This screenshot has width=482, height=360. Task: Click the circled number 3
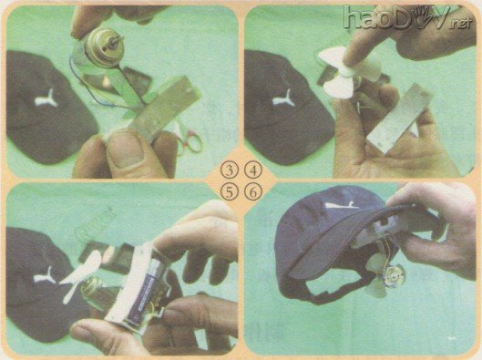click(x=230, y=170)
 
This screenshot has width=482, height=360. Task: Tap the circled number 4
click(x=253, y=170)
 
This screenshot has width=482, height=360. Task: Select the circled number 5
click(x=230, y=192)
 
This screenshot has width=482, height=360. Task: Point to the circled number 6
click(x=253, y=192)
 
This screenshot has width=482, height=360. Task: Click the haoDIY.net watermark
click(x=407, y=17)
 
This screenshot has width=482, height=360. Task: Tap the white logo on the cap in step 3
click(x=46, y=98)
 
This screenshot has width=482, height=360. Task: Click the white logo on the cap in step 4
click(x=284, y=99)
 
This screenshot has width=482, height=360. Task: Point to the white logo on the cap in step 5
click(x=46, y=275)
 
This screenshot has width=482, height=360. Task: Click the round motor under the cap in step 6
click(x=393, y=277)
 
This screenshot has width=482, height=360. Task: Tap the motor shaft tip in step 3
click(x=122, y=38)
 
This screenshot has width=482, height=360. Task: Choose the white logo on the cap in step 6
click(x=342, y=205)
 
